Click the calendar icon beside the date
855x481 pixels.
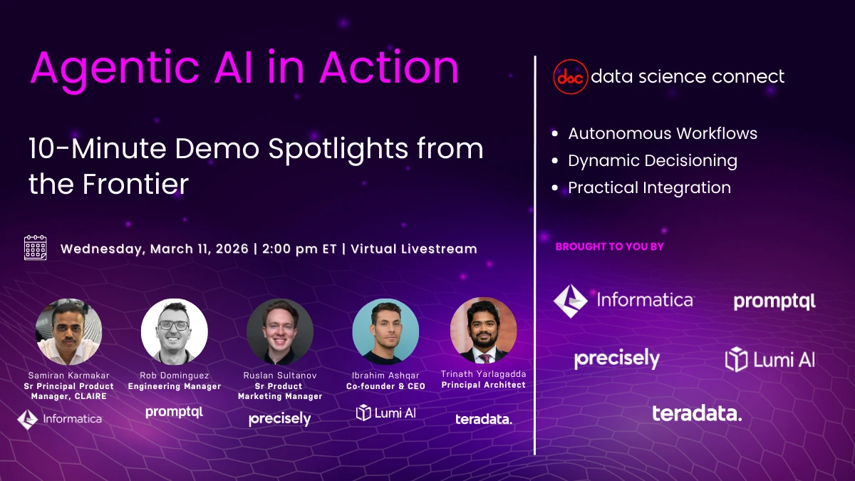(35, 247)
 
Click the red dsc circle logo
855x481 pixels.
(570, 77)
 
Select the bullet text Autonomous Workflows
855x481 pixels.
(662, 133)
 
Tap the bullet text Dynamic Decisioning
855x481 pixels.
(652, 160)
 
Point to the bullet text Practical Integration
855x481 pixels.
(649, 187)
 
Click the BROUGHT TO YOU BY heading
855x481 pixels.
(609, 247)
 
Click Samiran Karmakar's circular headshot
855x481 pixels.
(68, 331)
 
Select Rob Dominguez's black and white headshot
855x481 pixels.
(174, 331)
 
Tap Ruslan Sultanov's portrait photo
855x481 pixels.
(280, 331)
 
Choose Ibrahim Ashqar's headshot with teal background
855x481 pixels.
(385, 331)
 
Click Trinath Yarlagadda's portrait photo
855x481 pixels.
(483, 331)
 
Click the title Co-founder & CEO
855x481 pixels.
(385, 386)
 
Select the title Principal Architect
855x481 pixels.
(483, 385)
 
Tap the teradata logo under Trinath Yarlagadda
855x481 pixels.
(483, 419)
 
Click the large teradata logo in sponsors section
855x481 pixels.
(696, 413)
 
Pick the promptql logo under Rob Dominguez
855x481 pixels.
(174, 412)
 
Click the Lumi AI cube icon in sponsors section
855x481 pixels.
(736, 359)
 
